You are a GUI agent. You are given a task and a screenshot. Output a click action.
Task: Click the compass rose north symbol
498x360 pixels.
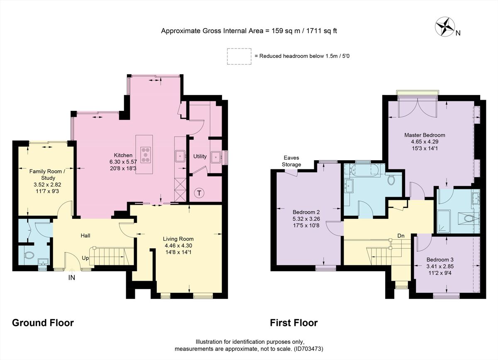tap(445, 27)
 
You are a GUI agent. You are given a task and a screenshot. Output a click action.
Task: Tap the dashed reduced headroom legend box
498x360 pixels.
tap(239, 56)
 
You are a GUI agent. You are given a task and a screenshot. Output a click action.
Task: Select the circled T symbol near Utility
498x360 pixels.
tap(200, 193)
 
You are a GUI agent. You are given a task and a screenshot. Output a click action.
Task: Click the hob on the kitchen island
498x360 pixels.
tap(146, 154)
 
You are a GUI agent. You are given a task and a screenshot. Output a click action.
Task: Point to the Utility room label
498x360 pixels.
tap(200, 157)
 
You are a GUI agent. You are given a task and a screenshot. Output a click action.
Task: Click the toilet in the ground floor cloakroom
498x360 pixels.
tap(29, 255)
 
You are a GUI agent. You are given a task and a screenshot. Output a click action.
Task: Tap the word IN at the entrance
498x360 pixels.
tap(72, 278)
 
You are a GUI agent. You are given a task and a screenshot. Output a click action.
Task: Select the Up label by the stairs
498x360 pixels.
tap(85, 257)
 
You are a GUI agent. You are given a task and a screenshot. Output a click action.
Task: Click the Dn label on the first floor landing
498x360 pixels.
tap(401, 236)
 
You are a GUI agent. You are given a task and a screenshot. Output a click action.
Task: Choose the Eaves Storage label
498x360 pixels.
tap(292, 161)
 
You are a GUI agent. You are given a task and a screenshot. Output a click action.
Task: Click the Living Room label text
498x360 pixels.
tap(178, 239)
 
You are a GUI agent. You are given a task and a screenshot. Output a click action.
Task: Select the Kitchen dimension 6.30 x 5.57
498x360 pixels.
tap(132, 162)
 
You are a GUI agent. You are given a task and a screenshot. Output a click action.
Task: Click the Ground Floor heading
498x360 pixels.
tap(43, 323)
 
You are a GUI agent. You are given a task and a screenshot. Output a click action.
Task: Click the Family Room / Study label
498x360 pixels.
tap(47, 174)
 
